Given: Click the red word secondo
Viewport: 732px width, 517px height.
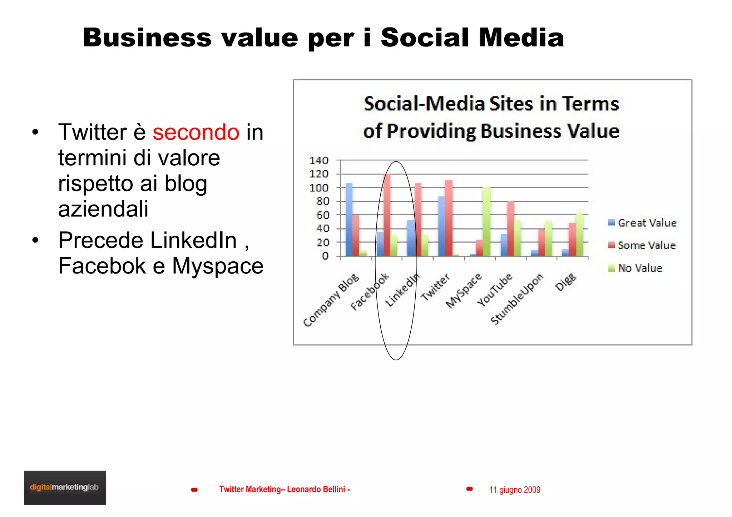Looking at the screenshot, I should click(x=196, y=132).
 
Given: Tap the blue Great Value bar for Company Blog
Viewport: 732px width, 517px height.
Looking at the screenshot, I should click(x=349, y=220).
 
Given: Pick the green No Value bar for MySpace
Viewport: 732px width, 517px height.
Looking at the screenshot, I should click(x=486, y=221).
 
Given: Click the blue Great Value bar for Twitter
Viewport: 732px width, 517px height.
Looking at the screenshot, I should click(x=442, y=226).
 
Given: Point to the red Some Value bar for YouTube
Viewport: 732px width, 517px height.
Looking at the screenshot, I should click(x=511, y=229).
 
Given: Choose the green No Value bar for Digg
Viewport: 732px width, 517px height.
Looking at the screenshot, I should click(x=579, y=235).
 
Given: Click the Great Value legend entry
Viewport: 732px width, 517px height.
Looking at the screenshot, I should click(x=642, y=223).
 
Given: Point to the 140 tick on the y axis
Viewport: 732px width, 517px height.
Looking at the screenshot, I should click(x=318, y=161).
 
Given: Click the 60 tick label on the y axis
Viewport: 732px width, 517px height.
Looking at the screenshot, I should click(x=322, y=215).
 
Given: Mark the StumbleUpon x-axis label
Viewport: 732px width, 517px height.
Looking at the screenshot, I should click(x=517, y=299).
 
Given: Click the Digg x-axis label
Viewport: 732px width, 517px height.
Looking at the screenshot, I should click(x=566, y=282).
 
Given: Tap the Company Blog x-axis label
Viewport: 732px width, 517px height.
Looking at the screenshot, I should click(x=331, y=300).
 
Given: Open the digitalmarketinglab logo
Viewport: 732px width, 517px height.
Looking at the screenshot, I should click(x=65, y=487).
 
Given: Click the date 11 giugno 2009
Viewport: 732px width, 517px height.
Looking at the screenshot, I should click(x=515, y=490).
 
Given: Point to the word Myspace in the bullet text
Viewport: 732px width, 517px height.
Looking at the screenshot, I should click(x=218, y=266).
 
